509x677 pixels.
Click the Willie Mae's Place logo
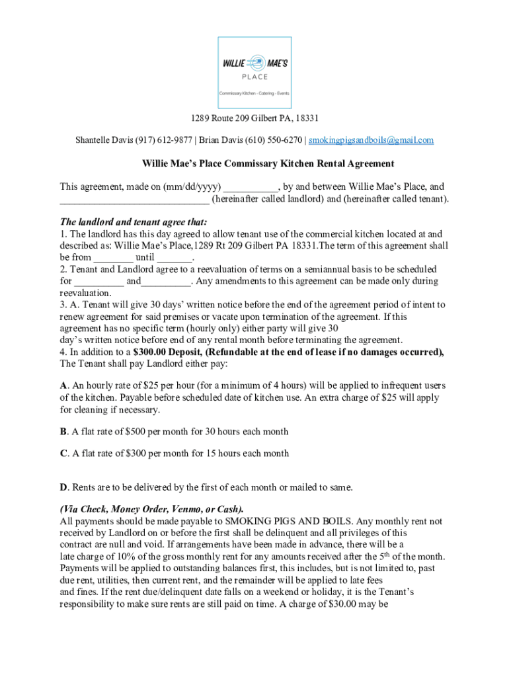[x=255, y=69]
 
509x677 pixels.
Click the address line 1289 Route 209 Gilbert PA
[x=255, y=118]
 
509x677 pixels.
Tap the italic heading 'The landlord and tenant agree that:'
[x=133, y=222]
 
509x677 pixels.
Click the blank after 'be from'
[x=113, y=258]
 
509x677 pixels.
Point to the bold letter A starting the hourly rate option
[x=63, y=385]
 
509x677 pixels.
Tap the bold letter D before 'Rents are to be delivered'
[x=63, y=488]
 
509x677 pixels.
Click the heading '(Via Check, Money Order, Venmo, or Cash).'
[x=151, y=509]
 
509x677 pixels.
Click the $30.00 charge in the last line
[x=344, y=604]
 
